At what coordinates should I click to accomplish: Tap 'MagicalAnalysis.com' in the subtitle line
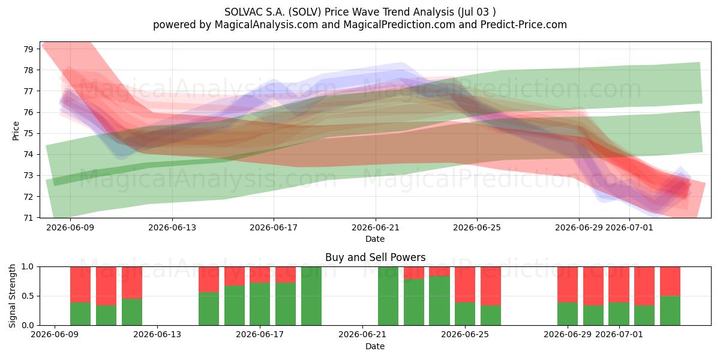pyautogui.click(x=266, y=25)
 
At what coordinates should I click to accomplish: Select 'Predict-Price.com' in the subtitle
pyautogui.click(x=524, y=25)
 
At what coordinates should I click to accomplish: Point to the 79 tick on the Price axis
pyautogui.click(x=28, y=49)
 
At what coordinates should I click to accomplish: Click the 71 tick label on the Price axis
pyautogui.click(x=28, y=218)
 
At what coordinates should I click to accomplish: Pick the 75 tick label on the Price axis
pyautogui.click(x=28, y=133)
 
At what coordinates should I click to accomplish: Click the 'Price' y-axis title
pyautogui.click(x=16, y=131)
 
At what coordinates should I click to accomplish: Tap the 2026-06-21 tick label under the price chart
pyautogui.click(x=376, y=228)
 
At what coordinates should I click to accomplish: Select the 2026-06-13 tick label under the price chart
pyautogui.click(x=172, y=228)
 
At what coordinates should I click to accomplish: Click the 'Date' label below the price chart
pyautogui.click(x=375, y=239)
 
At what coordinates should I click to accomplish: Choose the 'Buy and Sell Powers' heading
pyautogui.click(x=375, y=257)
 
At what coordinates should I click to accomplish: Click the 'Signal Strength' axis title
pyautogui.click(x=12, y=296)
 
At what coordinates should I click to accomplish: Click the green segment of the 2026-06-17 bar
pyautogui.click(x=260, y=304)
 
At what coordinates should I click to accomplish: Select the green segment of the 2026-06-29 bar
pyautogui.click(x=568, y=314)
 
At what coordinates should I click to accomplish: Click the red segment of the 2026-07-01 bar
pyautogui.click(x=619, y=284)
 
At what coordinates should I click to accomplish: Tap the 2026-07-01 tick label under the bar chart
pyautogui.click(x=619, y=335)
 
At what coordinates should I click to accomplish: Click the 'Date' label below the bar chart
pyautogui.click(x=375, y=346)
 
